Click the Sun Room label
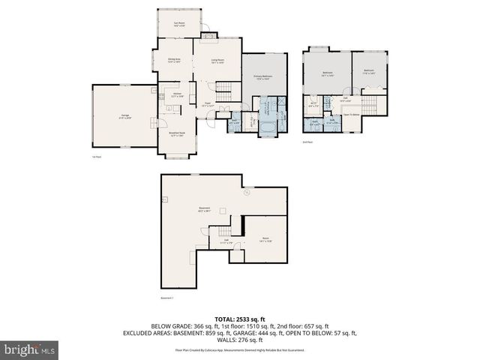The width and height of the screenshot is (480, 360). coord(181,25)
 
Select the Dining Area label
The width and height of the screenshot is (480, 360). coord(173,61)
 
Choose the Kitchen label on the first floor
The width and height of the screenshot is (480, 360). coord(178,95)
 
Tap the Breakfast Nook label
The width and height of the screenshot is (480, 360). coord(178,134)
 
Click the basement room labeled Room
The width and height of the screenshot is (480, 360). coord(265,239)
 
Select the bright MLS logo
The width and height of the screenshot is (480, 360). coord(28,349)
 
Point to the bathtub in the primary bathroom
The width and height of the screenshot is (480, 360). coord(268,127)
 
